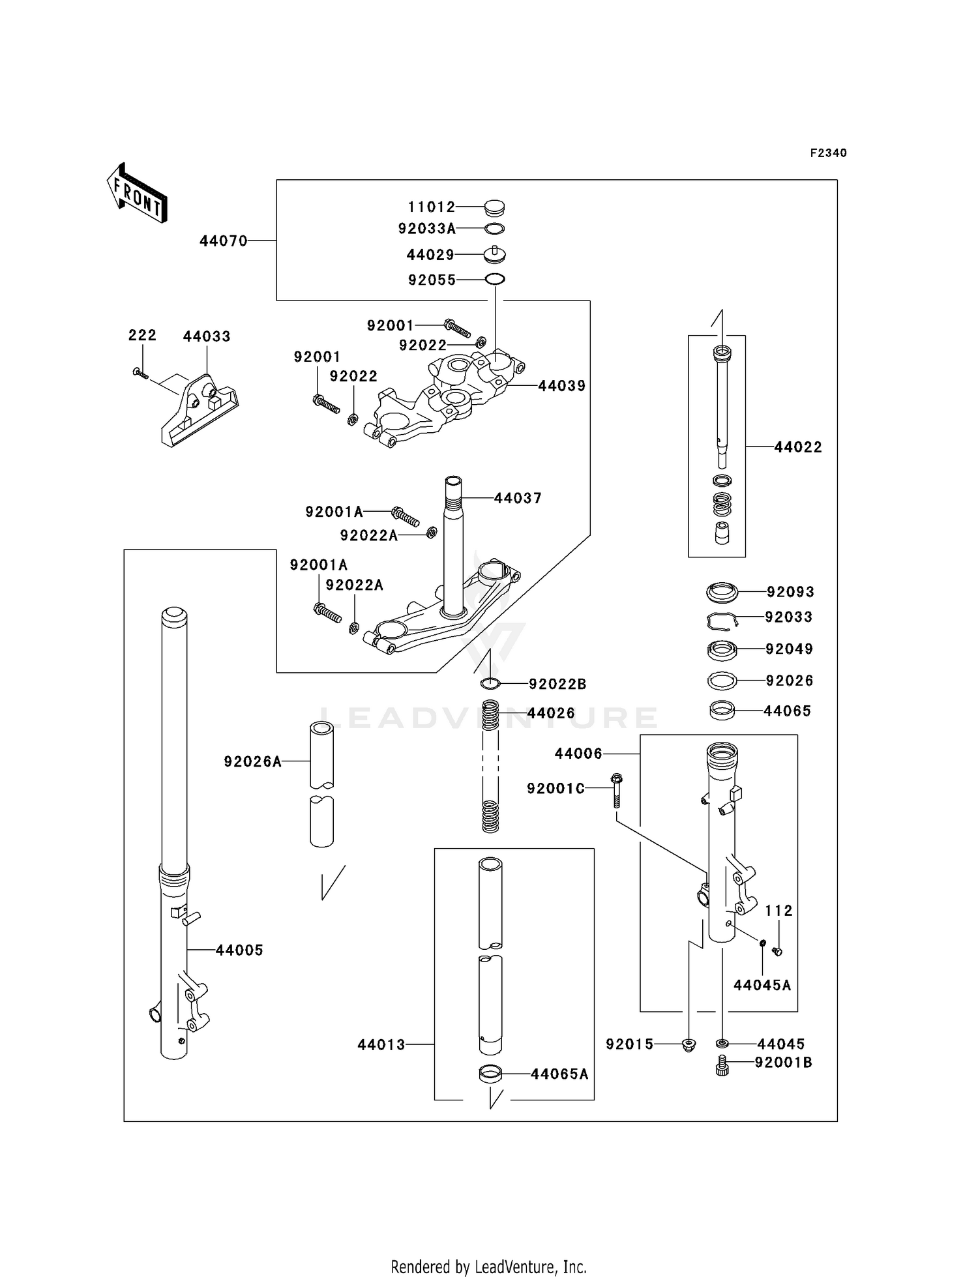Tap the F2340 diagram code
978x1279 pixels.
pos(828,153)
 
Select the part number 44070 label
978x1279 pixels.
pos(224,241)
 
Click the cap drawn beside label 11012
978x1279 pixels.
pos(495,208)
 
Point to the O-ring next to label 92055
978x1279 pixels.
pos(495,280)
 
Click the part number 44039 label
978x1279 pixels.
pos(561,386)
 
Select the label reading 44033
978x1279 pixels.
pos(207,337)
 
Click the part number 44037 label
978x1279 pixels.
pos(518,498)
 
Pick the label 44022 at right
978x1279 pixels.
pos(798,447)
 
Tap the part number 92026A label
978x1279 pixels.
pos(253,761)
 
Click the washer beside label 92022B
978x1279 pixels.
pos(490,683)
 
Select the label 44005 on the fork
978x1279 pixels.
pos(239,950)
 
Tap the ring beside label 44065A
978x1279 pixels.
pos(491,1073)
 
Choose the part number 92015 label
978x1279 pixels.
pos(629,1044)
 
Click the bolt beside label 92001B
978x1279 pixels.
pos(722,1065)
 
